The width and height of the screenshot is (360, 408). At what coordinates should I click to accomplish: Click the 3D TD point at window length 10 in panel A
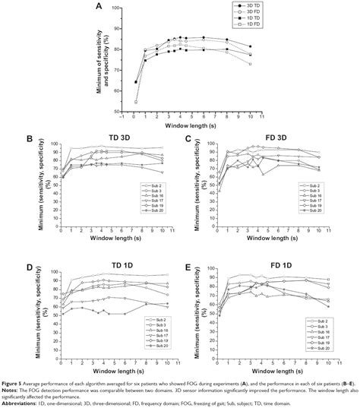pyautogui.click(x=250, y=46)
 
